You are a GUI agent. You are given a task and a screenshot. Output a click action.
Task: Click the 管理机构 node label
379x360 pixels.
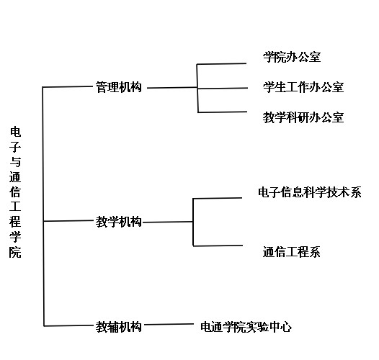[118, 87]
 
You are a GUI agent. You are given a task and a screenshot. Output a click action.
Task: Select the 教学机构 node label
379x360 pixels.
[118, 222]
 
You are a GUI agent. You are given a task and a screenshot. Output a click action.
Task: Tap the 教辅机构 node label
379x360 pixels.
[118, 327]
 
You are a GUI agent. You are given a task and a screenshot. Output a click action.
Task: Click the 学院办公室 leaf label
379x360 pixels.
[292, 58]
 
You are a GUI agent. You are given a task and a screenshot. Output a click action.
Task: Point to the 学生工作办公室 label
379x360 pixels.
[303, 87]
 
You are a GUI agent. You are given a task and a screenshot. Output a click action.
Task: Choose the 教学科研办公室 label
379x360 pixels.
[303, 117]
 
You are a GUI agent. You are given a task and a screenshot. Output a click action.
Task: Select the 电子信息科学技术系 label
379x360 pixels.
[310, 192]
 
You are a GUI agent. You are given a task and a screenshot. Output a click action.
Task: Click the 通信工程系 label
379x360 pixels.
[292, 252]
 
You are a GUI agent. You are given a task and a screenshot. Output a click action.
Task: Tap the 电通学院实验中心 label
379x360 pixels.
[246, 327]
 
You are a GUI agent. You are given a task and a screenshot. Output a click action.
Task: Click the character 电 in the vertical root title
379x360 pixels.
[15, 132]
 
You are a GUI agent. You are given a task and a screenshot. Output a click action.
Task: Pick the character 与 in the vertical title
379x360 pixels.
[15, 162]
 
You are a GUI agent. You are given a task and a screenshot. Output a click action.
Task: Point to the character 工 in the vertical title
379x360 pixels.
[15, 207]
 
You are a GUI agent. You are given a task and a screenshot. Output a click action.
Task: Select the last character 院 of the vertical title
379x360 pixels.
[15, 253]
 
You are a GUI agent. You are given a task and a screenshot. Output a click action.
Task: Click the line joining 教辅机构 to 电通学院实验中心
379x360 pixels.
[169, 324]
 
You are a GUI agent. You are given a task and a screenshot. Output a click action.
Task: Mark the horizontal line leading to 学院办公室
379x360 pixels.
[221, 64]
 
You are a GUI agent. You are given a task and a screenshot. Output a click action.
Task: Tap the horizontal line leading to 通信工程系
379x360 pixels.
[218, 246]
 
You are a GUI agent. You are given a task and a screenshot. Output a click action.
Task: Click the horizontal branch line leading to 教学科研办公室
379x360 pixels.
[223, 112]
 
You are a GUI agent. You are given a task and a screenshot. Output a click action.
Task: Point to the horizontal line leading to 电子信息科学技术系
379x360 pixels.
[218, 199]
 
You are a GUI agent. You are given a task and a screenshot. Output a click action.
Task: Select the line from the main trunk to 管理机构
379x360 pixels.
[68, 86]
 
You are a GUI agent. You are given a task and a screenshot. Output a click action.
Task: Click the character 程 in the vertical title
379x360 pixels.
[15, 222]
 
